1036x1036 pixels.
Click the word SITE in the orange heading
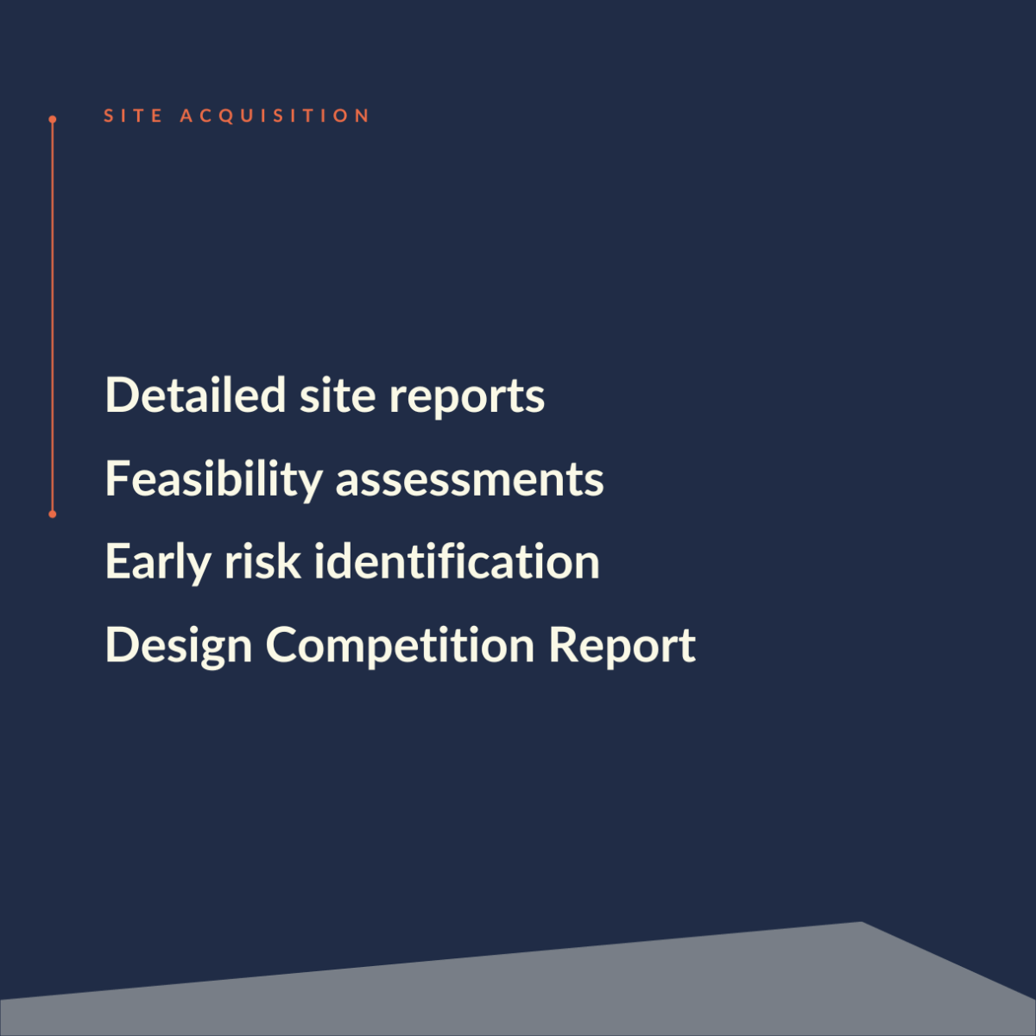[133, 116]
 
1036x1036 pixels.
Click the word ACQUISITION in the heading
[275, 117]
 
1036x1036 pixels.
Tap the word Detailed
[195, 395]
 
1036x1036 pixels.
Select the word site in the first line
[337, 395]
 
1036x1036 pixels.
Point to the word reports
[467, 399]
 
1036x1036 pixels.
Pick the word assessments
[470, 481]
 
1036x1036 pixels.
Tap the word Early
[158, 564]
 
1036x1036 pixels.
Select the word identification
[457, 561]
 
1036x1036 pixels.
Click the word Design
[179, 647]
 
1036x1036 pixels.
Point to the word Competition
[400, 647]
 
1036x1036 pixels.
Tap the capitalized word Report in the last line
[622, 647]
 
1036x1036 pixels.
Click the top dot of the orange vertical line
[52, 119]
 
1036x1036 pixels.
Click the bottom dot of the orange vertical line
[52, 515]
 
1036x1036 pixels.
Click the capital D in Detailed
[120, 395]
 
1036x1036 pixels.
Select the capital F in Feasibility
[117, 477]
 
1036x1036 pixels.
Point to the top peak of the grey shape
[862, 923]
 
